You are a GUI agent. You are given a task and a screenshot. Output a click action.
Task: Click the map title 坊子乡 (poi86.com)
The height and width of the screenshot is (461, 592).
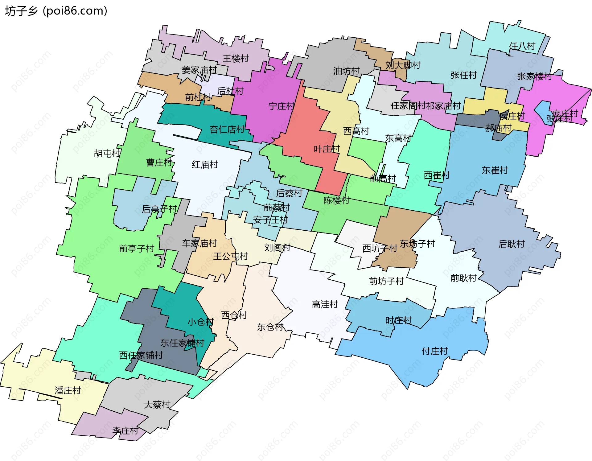tap(56, 11)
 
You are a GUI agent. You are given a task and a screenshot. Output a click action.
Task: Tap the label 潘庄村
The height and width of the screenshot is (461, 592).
tap(68, 390)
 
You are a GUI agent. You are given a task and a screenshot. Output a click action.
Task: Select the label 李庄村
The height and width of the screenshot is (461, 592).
tap(125, 430)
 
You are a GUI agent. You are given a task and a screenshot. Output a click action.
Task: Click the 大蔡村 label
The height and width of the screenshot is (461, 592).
tap(157, 404)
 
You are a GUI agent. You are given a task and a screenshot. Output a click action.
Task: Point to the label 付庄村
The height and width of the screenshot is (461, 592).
tap(435, 351)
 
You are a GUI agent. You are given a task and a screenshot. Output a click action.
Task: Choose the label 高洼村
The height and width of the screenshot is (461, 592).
tap(325, 304)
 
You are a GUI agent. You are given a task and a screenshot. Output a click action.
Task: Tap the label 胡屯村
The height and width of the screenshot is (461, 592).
tap(107, 153)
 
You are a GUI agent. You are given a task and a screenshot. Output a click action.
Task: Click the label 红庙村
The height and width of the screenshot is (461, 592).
tap(205, 164)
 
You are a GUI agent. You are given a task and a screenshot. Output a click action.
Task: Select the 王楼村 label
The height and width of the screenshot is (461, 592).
tap(236, 58)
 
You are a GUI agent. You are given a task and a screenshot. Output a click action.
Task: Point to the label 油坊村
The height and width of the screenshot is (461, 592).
tap(346, 71)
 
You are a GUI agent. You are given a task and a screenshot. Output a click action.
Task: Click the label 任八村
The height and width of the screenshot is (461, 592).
tap(522, 46)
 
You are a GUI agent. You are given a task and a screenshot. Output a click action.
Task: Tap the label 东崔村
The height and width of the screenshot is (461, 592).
tap(495, 170)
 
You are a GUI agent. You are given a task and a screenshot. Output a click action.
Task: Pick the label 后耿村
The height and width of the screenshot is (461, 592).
tap(512, 244)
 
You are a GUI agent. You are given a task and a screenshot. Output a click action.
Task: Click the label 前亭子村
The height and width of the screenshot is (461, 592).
tap(137, 248)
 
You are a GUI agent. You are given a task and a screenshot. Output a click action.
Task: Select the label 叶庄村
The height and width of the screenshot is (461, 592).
tap(327, 149)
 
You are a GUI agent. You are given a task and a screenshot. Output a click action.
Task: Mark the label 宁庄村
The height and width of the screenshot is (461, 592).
tap(281, 106)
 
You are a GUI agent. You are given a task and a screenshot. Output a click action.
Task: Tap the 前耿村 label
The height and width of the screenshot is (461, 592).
tap(463, 278)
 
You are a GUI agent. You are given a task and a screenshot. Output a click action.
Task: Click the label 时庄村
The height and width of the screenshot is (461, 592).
tap(398, 320)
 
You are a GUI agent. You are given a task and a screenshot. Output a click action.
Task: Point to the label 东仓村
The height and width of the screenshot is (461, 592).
tap(270, 327)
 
